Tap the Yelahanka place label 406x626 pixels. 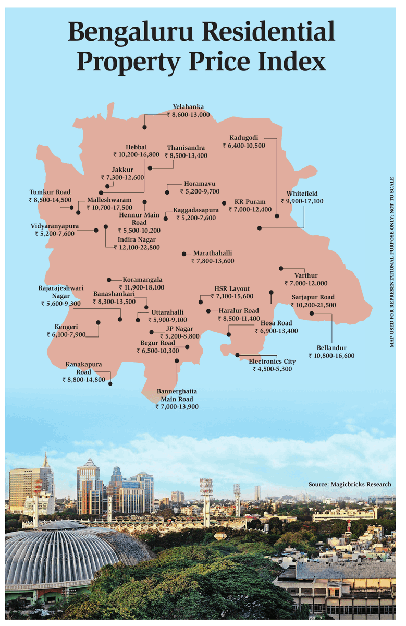point(188,107)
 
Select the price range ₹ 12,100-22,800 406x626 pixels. point(139,247)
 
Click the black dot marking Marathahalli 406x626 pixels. point(183,254)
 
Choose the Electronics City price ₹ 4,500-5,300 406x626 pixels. point(272,369)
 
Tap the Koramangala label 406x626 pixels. point(142,280)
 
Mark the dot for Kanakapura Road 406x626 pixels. point(110,384)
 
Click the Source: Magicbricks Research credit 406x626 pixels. point(349,484)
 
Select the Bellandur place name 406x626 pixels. point(331,348)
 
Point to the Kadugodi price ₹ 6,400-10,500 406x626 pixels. point(247,145)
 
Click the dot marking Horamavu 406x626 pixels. point(167,192)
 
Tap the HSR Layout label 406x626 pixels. point(232,288)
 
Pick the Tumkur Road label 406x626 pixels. point(50,192)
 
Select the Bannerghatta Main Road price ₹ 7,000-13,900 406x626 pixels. point(177,406)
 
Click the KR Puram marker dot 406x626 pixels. point(224,203)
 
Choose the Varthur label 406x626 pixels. point(305,275)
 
